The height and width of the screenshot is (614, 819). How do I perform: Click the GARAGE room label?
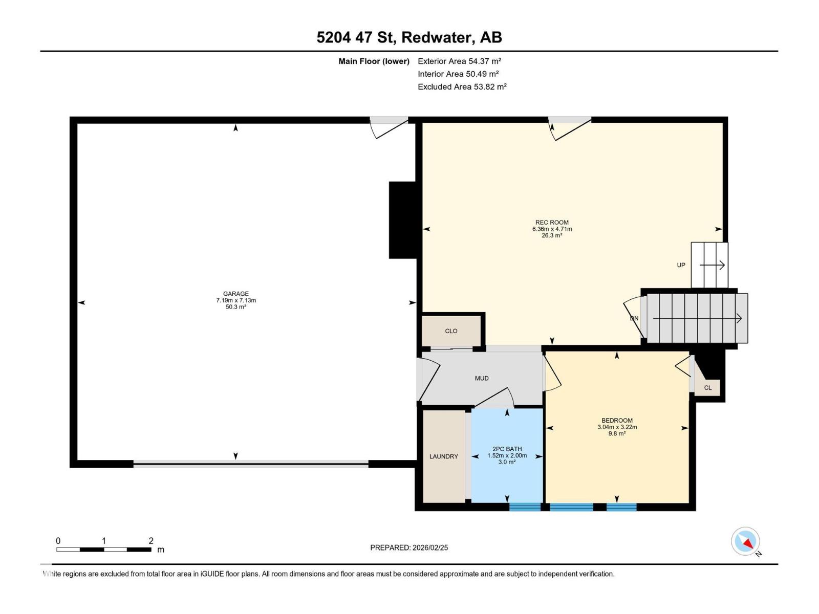click(235, 294)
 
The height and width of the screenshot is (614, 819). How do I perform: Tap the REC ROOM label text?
click(552, 223)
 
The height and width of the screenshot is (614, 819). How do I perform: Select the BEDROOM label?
click(617, 421)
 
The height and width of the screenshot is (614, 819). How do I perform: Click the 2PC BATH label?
click(507, 449)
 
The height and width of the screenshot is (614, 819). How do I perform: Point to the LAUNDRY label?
click(443, 456)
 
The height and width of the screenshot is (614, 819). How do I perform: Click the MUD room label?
click(481, 379)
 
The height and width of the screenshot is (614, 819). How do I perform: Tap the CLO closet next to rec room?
click(451, 331)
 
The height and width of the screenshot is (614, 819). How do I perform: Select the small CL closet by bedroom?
click(707, 388)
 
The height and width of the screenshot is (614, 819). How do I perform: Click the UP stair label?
click(681, 265)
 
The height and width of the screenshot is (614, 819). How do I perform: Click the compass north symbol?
click(746, 541)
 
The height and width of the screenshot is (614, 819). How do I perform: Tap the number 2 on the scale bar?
click(151, 541)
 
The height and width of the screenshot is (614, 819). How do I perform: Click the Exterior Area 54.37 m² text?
click(459, 61)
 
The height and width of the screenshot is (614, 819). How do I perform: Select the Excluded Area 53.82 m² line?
click(462, 87)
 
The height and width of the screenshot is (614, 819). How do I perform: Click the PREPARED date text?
click(409, 547)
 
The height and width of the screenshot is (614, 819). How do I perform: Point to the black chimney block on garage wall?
click(403, 220)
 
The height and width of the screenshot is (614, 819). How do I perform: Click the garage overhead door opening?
click(251, 464)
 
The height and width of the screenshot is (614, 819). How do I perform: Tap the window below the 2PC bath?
click(525, 507)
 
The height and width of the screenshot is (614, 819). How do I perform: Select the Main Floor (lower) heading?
click(374, 61)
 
